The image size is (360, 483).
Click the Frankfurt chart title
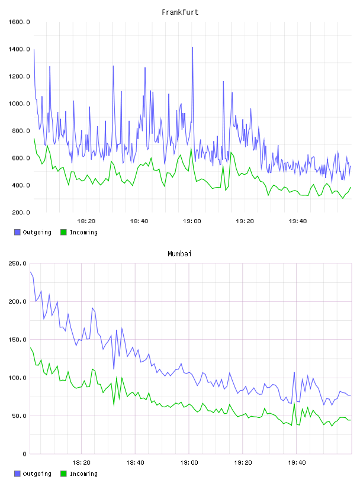pos(180,12)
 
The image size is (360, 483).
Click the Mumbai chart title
pos(179,253)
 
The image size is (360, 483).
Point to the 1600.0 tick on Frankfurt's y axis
pos(19,22)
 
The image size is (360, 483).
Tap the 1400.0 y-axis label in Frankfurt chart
pos(19,49)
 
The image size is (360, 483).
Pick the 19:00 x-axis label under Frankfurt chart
pos(192,221)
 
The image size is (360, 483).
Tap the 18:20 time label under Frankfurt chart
pos(86,221)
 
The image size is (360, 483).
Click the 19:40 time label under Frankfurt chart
pos(298,221)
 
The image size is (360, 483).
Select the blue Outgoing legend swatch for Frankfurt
pos(17,232)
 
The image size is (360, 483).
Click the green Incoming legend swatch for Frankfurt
pos(63,232)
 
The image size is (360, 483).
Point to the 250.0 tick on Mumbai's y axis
pos(17,263)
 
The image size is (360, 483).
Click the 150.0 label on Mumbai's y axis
pos(17,339)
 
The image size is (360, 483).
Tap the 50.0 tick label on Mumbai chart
pos(19,416)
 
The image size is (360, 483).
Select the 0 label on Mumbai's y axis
pos(24,454)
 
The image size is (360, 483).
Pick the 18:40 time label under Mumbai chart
pos(135,463)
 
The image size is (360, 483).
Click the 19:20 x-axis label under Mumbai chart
pos(243,463)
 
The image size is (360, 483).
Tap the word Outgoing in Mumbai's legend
pos(37,474)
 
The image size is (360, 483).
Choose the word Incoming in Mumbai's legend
pos(83,474)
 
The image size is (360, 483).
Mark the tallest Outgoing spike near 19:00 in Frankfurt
pos(192,47)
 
